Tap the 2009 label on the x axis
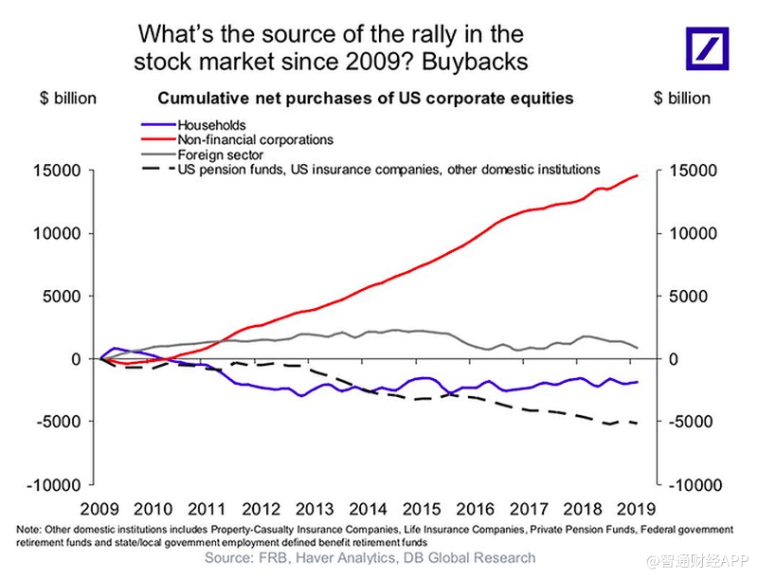click(x=100, y=507)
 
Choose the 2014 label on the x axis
click(x=368, y=507)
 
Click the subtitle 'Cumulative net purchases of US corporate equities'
click(x=365, y=99)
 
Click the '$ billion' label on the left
click(x=67, y=99)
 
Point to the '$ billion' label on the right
click(x=681, y=99)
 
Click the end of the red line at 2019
click(x=637, y=175)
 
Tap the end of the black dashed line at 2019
click(x=637, y=424)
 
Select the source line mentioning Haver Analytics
click(x=370, y=558)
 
